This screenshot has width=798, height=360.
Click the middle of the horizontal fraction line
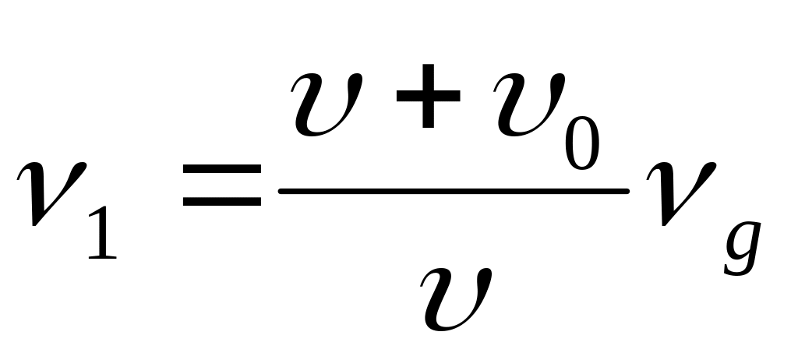454,189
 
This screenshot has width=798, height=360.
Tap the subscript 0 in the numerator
584,140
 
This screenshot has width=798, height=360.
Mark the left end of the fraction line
281,189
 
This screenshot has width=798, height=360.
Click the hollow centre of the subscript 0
584,140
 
